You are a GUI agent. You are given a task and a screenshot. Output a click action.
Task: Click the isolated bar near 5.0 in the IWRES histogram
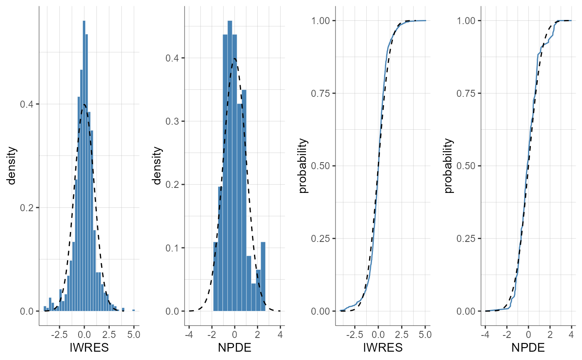click(x=133, y=310)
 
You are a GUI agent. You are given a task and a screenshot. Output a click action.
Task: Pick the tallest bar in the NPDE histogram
click(x=230, y=166)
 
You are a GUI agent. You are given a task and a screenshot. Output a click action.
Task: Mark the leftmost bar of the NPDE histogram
click(x=215, y=276)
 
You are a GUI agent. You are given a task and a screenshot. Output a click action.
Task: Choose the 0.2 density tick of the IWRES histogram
click(x=28, y=207)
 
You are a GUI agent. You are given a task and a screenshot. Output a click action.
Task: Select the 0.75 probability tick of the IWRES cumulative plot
click(x=321, y=93)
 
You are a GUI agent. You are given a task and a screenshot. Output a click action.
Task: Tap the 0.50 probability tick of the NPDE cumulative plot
click(x=466, y=166)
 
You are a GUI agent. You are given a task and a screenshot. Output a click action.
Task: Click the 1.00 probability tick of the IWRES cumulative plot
click(x=321, y=20)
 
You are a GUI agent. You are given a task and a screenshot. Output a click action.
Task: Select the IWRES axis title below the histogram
click(x=89, y=348)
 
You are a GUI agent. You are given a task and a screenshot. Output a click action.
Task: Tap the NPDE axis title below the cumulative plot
click(x=528, y=348)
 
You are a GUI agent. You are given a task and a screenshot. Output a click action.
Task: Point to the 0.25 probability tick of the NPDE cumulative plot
click(x=466, y=239)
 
